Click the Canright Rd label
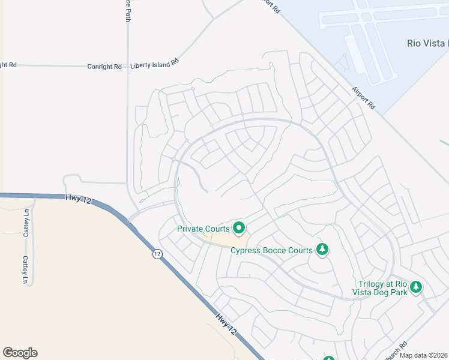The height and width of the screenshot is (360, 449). tap(104, 67)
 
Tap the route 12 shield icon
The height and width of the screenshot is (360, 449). tap(157, 254)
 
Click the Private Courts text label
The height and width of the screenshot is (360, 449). tap(203, 229)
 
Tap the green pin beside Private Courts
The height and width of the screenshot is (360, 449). tap(239, 227)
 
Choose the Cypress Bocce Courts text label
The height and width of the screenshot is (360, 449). tap(272, 250)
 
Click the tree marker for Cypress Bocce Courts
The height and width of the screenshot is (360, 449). tap(322, 250)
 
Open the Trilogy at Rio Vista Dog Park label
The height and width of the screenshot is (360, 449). tap(382, 288)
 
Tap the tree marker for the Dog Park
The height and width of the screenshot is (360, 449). tap(416, 287)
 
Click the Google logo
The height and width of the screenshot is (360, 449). tap(20, 353)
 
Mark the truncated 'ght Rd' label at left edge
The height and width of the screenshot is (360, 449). tap(8, 65)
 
